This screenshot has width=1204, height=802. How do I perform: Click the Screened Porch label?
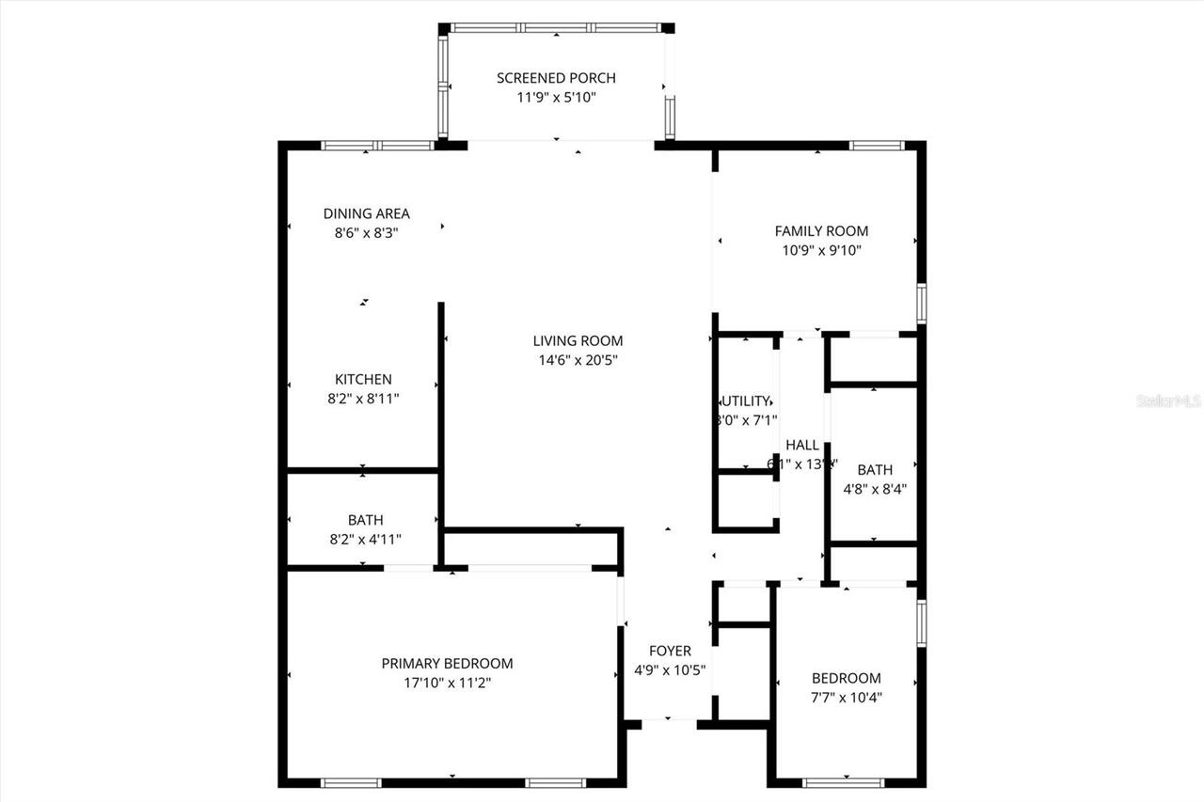tap(556, 78)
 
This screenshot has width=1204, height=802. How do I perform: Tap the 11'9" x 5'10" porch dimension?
tap(556, 97)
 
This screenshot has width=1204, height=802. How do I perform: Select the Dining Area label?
tap(366, 213)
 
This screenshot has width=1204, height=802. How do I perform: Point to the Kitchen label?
tap(363, 379)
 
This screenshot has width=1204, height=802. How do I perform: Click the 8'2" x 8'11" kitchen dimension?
tap(363, 398)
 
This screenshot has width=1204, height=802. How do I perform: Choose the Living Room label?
tap(578, 341)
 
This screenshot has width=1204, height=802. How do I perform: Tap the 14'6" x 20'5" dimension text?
tap(578, 360)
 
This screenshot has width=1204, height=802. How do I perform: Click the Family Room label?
tap(821, 230)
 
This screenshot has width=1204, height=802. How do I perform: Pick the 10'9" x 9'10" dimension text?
tap(821, 250)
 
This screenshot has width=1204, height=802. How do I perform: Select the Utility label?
tap(747, 401)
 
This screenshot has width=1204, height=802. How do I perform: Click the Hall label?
tap(802, 445)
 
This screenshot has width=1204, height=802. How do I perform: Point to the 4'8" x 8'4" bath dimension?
tap(875, 488)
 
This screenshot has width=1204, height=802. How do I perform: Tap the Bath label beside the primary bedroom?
tap(365, 520)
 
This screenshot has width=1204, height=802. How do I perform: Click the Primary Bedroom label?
tap(447, 663)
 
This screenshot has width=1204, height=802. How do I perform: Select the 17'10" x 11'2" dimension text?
tap(447, 683)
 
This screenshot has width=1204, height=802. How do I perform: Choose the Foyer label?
tap(670, 651)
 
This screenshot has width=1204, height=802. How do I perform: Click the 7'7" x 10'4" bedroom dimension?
tap(846, 697)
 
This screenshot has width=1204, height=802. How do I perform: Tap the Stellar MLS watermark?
tap(1169, 401)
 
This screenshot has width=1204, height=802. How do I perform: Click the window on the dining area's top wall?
tap(378, 146)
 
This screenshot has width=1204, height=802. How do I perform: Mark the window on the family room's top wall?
tap(877, 146)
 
